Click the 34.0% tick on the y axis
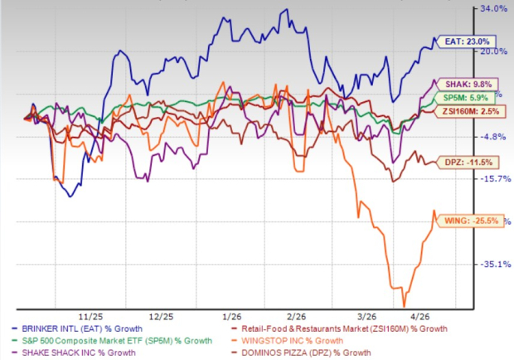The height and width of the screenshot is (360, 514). pyautogui.click(x=493, y=9)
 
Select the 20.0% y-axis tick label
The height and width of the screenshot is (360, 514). pyautogui.click(x=493, y=51)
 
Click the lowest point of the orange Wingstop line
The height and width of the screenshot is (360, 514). pyautogui.click(x=404, y=304)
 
